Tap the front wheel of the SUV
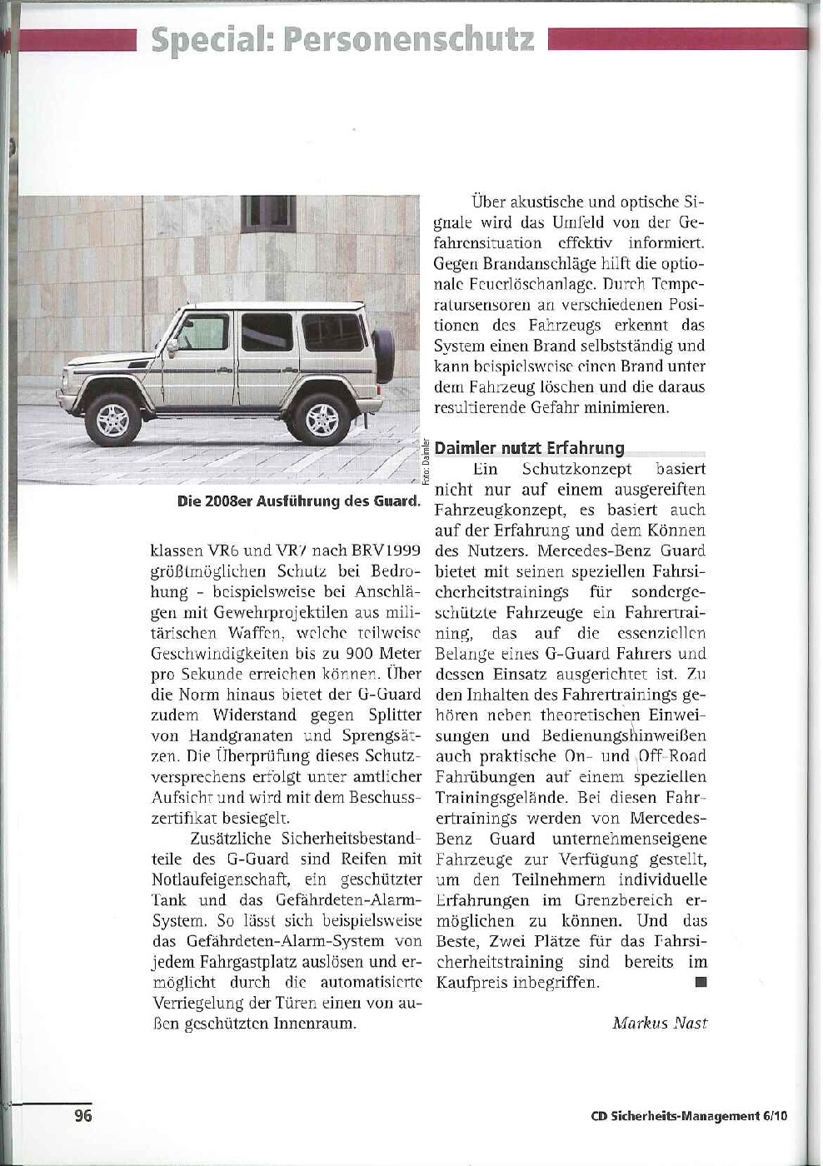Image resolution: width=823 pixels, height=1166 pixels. [x=113, y=420]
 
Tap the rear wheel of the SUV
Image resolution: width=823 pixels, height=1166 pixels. [x=322, y=419]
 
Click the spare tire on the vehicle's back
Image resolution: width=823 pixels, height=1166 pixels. [x=384, y=356]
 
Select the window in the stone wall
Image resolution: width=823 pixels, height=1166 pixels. [x=267, y=213]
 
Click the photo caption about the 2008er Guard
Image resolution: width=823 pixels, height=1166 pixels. [x=298, y=501]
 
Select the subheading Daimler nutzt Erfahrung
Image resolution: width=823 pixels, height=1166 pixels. [x=529, y=448]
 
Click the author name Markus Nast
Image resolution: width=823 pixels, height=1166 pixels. [x=660, y=1023]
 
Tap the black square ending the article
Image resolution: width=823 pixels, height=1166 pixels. [x=701, y=982]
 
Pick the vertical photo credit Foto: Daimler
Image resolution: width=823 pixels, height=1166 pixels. [x=425, y=463]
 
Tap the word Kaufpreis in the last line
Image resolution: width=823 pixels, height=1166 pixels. [x=471, y=983]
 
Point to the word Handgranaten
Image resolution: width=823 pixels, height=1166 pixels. [x=241, y=735]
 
